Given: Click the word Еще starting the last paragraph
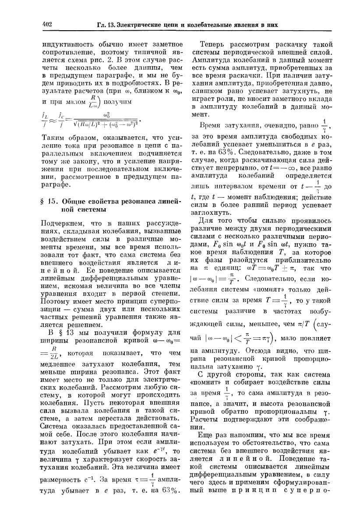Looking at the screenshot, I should (x=207, y=444).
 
